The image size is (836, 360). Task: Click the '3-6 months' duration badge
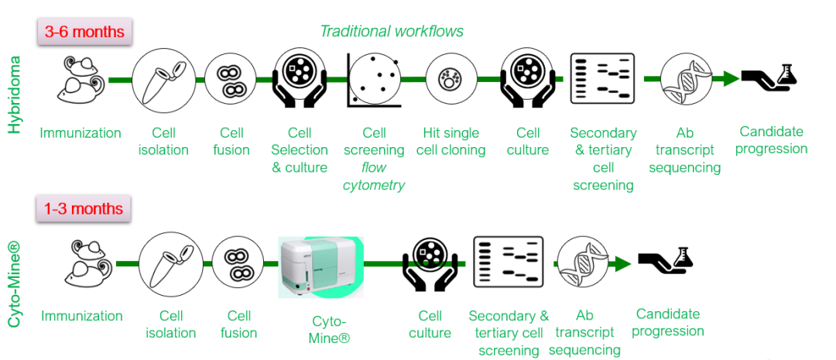click(x=84, y=33)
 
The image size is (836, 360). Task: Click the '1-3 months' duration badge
click(x=84, y=209)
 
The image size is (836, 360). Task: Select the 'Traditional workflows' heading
click(x=392, y=31)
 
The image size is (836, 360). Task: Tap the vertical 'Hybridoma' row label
click(x=14, y=94)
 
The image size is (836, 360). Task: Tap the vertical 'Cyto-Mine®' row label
click(x=14, y=283)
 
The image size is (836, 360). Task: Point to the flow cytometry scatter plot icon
click(x=374, y=80)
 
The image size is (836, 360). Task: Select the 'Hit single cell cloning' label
click(x=451, y=141)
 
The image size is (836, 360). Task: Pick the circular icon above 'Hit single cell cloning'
click(x=450, y=79)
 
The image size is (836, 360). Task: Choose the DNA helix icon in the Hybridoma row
click(x=686, y=80)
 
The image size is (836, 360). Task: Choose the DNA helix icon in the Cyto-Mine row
click(x=584, y=262)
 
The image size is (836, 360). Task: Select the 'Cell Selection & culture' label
click(x=300, y=149)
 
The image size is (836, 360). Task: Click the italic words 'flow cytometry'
click(x=374, y=176)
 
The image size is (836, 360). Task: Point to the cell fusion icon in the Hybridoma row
click(x=231, y=81)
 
